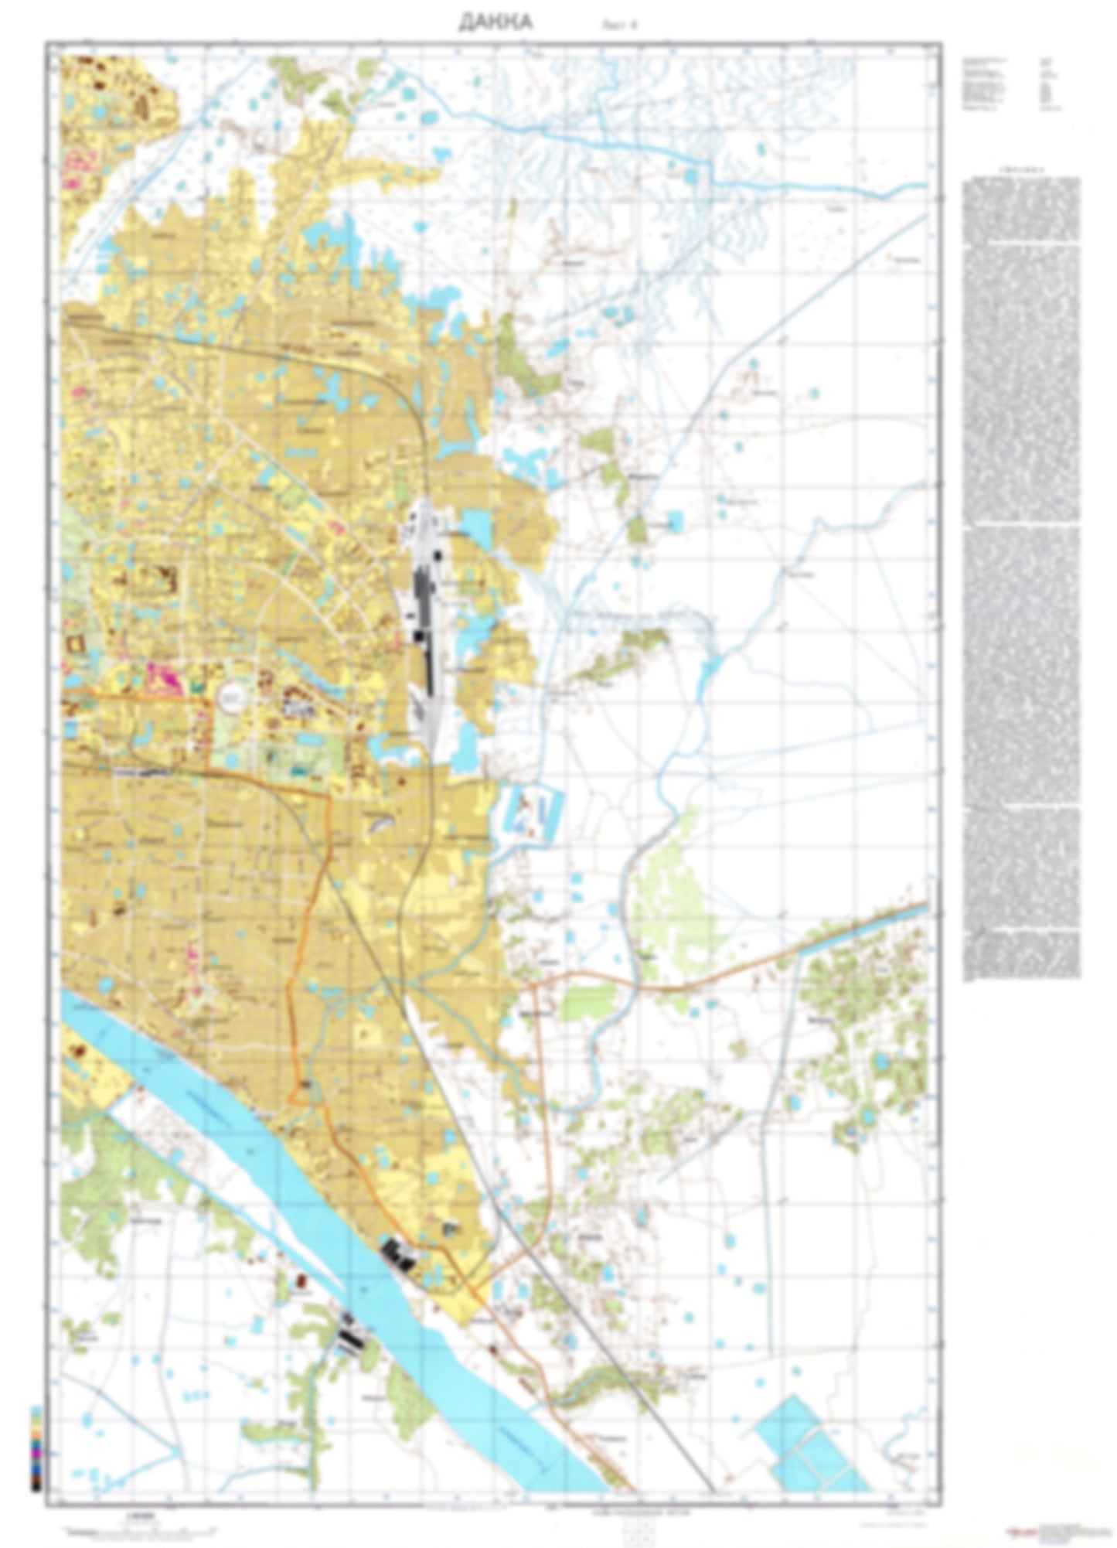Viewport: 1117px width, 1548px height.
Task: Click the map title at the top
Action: [495, 22]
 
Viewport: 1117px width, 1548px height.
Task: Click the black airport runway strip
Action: [422, 619]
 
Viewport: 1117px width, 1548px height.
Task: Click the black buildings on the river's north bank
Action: [399, 1253]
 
